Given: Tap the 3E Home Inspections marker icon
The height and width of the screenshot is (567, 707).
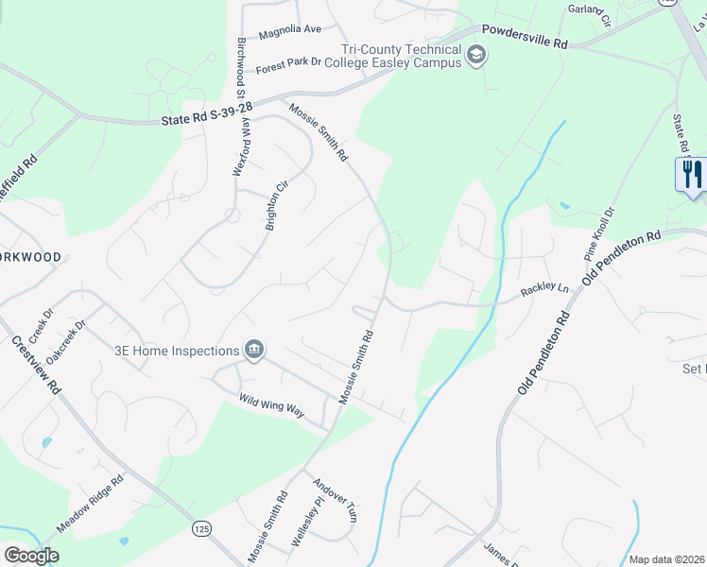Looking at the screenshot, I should [x=253, y=351].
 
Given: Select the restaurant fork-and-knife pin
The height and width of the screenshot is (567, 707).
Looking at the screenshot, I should [x=691, y=175].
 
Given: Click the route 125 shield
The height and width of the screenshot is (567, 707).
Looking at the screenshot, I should [x=199, y=526].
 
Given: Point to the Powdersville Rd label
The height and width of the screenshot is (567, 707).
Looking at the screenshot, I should [x=526, y=36].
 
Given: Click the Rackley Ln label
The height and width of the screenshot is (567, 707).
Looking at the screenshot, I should [x=546, y=290].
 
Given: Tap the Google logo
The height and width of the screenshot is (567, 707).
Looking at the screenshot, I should [x=31, y=556].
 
